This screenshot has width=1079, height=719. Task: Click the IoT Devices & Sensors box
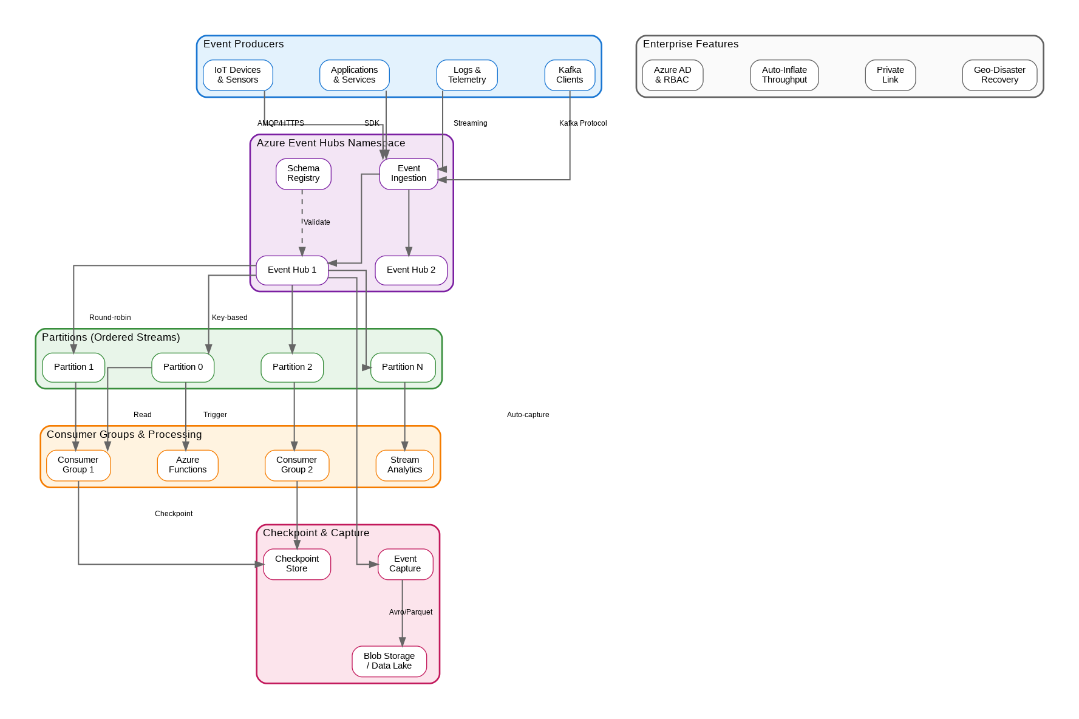coord(237,75)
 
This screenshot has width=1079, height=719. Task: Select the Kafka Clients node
coord(570,75)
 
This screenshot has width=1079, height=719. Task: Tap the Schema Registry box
coord(303,174)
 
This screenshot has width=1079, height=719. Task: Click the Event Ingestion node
coord(409,174)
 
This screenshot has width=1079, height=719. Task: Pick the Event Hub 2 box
coord(411,270)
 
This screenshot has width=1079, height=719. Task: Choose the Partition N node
coord(403,367)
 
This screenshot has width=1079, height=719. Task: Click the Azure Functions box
coord(188,465)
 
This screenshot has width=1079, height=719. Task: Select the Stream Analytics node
coord(405,465)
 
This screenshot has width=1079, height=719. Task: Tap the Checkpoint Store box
coord(297,564)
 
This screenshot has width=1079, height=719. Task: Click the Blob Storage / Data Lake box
coord(389,661)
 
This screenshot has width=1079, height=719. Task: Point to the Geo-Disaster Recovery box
coord(999,75)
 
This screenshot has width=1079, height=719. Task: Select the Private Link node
coord(890,75)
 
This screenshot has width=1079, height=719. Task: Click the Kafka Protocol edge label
coord(583,123)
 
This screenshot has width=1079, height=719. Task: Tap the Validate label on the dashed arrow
coord(317,222)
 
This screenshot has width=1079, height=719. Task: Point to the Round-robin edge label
coord(110,318)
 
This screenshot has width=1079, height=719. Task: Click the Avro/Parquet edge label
coord(411,612)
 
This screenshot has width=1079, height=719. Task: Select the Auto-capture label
coord(528,415)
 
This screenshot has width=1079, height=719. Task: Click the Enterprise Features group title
coord(690,44)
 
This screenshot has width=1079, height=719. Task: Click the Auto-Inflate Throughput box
coord(785,75)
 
